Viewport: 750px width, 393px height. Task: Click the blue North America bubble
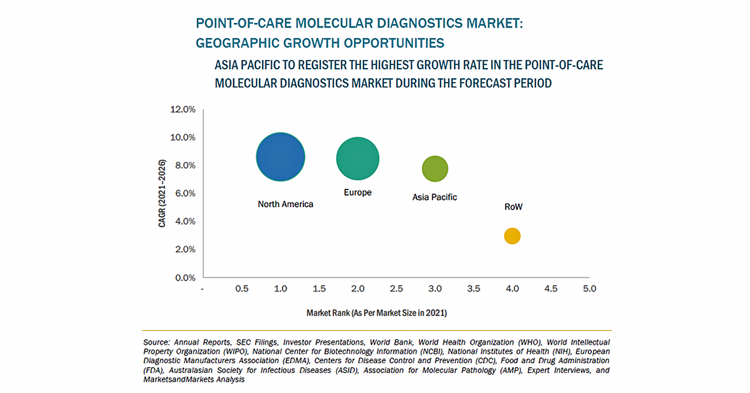coord(281,157)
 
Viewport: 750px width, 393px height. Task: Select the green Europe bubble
coord(357,158)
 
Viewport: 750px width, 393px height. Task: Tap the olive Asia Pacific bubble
coord(435,169)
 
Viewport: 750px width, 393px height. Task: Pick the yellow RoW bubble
coord(512,236)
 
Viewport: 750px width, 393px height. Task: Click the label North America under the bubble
coord(285,204)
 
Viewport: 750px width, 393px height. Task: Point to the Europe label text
coord(357,192)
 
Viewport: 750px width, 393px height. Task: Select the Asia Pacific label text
coord(435,197)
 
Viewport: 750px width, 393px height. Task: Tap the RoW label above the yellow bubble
coord(513,207)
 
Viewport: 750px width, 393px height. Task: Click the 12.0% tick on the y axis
coord(182,109)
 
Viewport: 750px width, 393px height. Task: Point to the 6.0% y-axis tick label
coord(182,194)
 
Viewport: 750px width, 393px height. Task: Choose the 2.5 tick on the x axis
coord(396,289)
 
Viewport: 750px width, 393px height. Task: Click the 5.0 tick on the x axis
coord(589,289)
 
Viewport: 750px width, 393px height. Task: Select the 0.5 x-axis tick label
coord(241,289)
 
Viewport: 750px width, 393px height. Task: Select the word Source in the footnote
coord(155,342)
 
